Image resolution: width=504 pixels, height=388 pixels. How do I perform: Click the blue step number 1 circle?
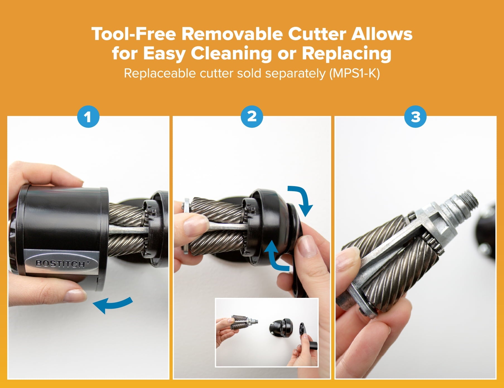point(88,117)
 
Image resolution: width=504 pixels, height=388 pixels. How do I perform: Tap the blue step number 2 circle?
point(252,117)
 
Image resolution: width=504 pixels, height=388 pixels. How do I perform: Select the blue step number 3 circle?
point(416,117)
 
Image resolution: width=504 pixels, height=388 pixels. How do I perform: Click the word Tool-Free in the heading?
point(134,34)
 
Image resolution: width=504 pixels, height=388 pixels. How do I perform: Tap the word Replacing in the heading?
point(347,54)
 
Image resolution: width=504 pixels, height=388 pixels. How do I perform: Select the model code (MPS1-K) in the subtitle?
point(354,74)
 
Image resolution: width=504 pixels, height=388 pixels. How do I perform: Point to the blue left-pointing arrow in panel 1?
point(113,305)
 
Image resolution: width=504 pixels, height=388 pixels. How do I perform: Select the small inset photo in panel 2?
point(267,332)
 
